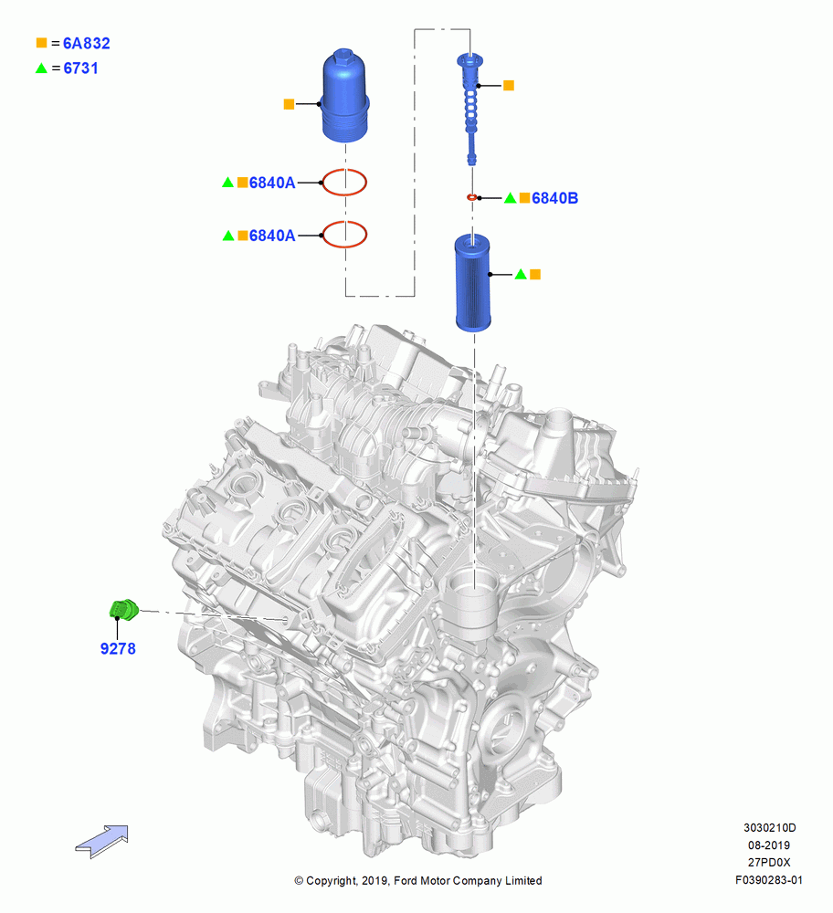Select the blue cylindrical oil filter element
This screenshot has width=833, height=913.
pyautogui.click(x=472, y=282)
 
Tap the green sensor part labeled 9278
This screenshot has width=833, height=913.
pyautogui.click(x=124, y=609)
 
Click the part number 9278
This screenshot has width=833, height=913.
pyautogui.click(x=118, y=648)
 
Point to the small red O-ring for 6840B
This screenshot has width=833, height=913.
pyautogui.click(x=472, y=197)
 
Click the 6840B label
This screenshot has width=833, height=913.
pyautogui.click(x=554, y=198)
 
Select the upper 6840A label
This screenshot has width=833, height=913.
pyautogui.click(x=272, y=183)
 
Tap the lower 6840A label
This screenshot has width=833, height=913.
pyautogui.click(x=272, y=236)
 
